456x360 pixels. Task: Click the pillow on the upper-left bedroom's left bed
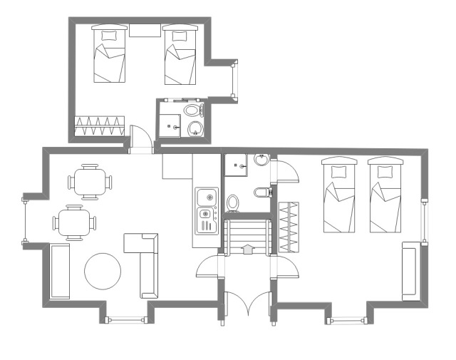click(x=109, y=34)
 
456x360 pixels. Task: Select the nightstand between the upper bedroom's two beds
click(x=145, y=29)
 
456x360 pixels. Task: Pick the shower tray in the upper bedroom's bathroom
click(x=171, y=124)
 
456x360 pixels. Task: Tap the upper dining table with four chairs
click(x=90, y=182)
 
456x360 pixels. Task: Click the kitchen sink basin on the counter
click(x=207, y=195)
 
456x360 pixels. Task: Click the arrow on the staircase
click(x=247, y=249)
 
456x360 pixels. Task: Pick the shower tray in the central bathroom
click(x=236, y=165)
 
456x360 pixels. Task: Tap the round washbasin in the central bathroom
click(x=261, y=160)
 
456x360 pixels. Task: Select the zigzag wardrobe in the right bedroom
click(x=288, y=227)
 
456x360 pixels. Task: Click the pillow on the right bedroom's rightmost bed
click(x=385, y=171)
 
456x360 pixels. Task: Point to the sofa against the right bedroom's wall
click(x=411, y=271)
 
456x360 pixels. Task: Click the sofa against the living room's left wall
click(x=60, y=272)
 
